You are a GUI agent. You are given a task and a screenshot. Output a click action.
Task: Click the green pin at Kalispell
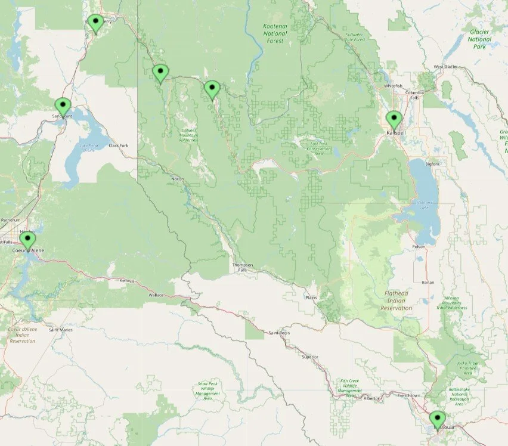394,120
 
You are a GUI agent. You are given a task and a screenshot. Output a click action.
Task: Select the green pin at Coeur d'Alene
27,240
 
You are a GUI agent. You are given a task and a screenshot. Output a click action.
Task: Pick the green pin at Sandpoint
63,107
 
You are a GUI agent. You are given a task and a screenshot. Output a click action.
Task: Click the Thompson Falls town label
243,267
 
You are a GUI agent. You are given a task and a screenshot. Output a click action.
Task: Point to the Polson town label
419,246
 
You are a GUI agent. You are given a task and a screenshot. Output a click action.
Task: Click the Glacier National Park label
479,39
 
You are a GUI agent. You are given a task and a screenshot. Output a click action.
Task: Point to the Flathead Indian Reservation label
396,301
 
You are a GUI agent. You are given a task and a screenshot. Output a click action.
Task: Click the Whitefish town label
393,86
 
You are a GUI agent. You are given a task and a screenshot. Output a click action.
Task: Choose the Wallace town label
156,295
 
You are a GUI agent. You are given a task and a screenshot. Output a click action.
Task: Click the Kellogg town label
127,280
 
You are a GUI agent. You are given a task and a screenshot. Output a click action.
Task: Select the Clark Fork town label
119,145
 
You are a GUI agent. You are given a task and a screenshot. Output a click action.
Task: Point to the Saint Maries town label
61,329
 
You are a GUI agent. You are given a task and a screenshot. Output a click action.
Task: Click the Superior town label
310,357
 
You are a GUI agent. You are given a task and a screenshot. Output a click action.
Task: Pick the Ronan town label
428,282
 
